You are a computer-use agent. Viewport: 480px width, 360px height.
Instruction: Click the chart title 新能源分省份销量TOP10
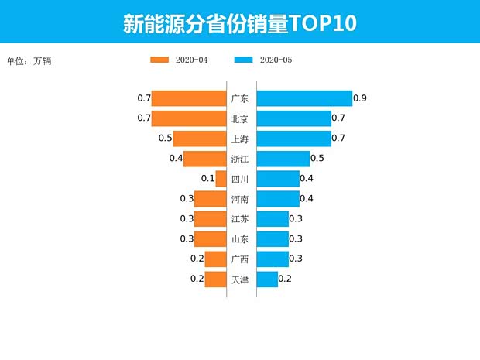[x=239, y=23]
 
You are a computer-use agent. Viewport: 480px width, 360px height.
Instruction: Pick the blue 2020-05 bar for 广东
[x=303, y=98]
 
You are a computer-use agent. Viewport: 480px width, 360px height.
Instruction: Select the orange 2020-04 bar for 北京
[x=188, y=118]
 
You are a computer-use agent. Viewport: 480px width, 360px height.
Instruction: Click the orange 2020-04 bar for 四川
[x=221, y=179]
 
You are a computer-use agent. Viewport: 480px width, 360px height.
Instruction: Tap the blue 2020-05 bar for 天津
[x=266, y=279]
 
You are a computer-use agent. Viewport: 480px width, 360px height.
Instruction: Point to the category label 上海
[x=240, y=139]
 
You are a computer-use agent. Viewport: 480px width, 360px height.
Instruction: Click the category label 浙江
[x=240, y=159]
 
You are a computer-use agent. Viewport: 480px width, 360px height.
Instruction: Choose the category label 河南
[x=240, y=199]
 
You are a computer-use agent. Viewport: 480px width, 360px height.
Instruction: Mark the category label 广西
[x=240, y=259]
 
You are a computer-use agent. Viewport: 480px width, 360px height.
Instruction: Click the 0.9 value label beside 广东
[x=359, y=98]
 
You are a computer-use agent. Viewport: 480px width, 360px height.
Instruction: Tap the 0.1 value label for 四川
[x=207, y=179]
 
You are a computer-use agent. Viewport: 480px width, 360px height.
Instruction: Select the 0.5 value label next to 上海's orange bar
[x=165, y=139]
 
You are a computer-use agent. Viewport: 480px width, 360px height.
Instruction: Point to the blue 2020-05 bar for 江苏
[x=272, y=219]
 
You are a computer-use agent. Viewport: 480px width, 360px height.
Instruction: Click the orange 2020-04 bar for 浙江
[x=204, y=159]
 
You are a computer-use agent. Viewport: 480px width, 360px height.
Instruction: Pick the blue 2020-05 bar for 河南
[x=277, y=199]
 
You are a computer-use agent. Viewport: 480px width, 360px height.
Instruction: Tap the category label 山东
[x=240, y=239]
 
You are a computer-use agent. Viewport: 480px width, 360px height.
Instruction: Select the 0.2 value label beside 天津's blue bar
[x=285, y=279]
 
